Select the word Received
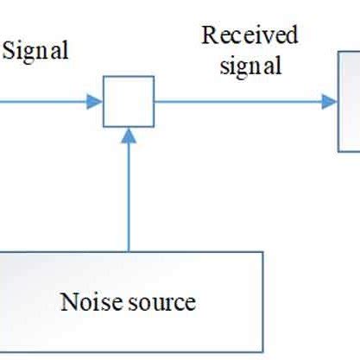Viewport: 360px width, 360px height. [249, 36]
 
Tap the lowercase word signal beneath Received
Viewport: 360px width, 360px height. [250, 66]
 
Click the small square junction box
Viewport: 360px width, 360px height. [129, 101]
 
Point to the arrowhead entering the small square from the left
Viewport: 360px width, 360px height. [96, 101]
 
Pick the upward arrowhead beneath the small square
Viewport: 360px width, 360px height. [129, 135]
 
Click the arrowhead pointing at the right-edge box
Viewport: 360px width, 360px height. [330, 101]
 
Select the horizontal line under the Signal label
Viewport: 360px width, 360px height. [43, 101]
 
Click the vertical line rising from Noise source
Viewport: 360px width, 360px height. [129, 194]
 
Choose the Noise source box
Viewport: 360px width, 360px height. [129, 302]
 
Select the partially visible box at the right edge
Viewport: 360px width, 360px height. [349, 101]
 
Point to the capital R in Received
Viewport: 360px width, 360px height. [208, 36]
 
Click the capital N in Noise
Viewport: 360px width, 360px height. [67, 302]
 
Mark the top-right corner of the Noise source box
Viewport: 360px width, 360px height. [262, 253]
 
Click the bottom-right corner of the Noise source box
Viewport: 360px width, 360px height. [262, 352]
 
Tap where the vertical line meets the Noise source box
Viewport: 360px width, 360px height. [129, 252]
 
